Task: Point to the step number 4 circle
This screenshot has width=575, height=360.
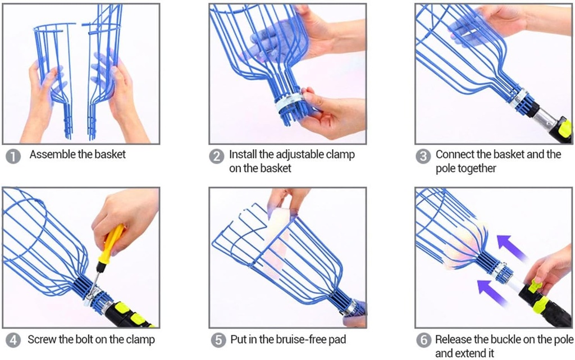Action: click(13, 340)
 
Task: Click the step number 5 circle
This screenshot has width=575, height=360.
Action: click(218, 340)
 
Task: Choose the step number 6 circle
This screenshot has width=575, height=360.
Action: click(423, 340)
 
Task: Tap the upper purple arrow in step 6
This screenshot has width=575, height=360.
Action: click(512, 248)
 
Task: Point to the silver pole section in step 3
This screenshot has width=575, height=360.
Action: click(546, 119)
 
